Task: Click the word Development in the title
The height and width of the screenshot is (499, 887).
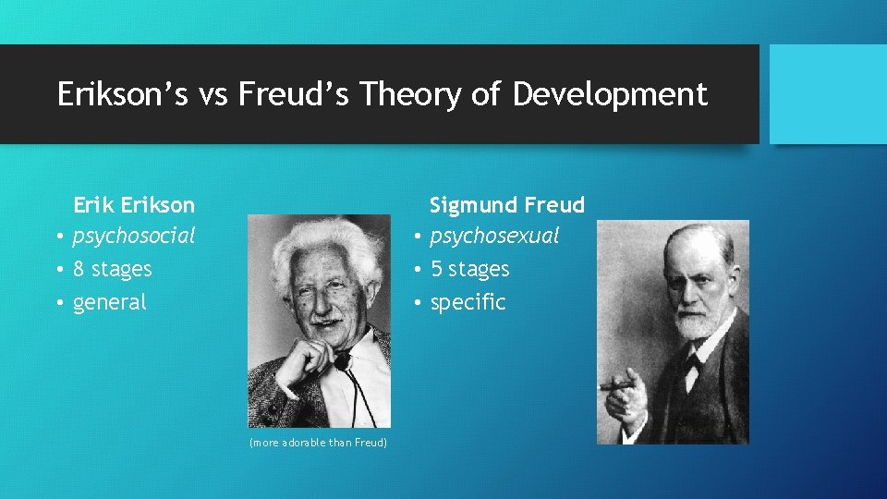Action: point(610,94)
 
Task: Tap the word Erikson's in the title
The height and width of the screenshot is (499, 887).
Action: point(122,94)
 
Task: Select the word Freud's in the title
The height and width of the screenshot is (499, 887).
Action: point(292,94)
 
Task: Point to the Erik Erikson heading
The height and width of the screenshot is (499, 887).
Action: point(134,204)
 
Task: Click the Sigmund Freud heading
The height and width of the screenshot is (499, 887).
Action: point(506,204)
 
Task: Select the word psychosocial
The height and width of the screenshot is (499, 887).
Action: point(134,237)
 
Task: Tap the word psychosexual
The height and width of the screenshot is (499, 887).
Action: point(494,237)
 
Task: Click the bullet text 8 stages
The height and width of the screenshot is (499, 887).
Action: point(112,270)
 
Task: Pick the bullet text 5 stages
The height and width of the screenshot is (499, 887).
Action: point(470,270)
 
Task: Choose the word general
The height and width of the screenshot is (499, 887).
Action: point(109,302)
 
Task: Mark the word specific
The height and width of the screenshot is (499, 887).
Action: point(468,302)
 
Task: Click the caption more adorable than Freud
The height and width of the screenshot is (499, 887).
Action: point(319,444)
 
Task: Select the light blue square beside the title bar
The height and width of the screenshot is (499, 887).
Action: point(828,94)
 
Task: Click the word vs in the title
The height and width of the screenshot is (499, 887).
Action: point(214,94)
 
